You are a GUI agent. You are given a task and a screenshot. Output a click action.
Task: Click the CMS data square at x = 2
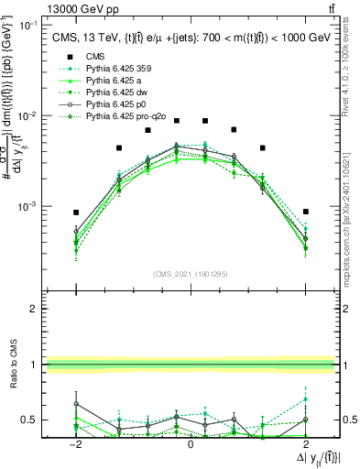(306, 212)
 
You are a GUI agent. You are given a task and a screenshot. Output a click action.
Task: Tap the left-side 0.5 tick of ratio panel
(31, 420)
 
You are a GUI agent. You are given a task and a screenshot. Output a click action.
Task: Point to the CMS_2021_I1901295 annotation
(191, 274)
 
